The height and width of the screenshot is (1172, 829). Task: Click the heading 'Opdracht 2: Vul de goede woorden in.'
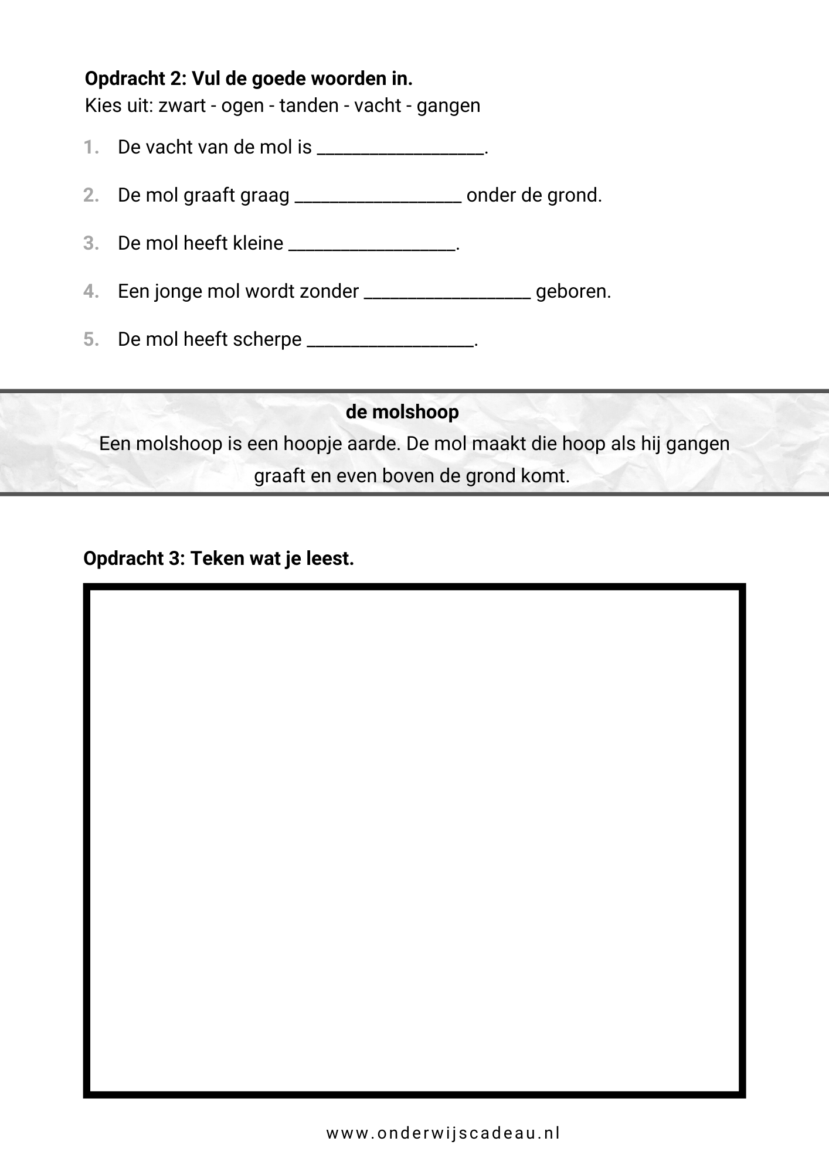(x=249, y=79)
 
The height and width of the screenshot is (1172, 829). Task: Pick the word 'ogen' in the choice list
(x=242, y=106)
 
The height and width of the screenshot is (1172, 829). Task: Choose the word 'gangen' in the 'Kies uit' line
(x=449, y=106)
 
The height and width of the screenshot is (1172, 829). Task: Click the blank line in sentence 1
(x=401, y=151)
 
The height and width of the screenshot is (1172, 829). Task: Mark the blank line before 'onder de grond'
(x=378, y=199)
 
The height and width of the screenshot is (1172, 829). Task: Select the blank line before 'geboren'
(x=447, y=295)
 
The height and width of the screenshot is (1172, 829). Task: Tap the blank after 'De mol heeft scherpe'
(x=390, y=343)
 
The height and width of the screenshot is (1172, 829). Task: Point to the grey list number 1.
(x=91, y=148)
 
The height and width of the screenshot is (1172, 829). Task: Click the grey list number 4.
(x=91, y=292)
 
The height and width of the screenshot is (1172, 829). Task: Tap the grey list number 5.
(x=91, y=340)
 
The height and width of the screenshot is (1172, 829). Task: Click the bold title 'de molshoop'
(x=402, y=413)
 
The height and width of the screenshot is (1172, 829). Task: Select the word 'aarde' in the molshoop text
(x=376, y=444)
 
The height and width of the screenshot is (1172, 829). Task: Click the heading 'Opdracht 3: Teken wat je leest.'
(x=219, y=558)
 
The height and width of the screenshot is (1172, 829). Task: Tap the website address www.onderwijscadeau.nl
(x=443, y=1133)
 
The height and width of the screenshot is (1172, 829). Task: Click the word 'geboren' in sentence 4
(x=573, y=292)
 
